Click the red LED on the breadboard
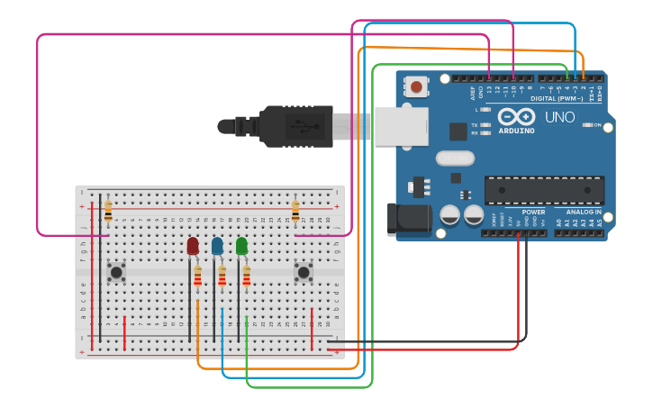click(x=193, y=246)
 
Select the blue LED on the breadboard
click(x=217, y=246)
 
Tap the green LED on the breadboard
click(x=241, y=246)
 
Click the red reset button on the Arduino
click(x=416, y=87)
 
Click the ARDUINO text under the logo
click(x=516, y=131)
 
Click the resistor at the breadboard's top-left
click(x=108, y=212)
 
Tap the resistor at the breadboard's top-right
click(x=295, y=212)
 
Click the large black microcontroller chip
click(x=544, y=190)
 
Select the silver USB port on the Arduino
click(x=401, y=126)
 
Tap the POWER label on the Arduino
click(x=533, y=212)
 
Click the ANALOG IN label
click(x=585, y=212)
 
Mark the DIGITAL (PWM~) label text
click(x=556, y=97)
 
